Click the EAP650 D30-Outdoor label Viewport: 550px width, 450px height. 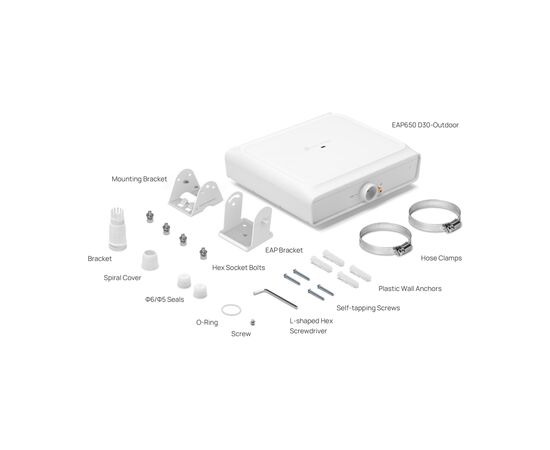[431, 125]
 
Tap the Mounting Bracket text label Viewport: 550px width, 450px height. [139, 179]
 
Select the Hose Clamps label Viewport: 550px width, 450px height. [442, 257]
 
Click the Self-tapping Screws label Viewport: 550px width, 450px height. [367, 308]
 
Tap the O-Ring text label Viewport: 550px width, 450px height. [207, 323]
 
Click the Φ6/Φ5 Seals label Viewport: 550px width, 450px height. [163, 299]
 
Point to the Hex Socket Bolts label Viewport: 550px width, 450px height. [238, 267]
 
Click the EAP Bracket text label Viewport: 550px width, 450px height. [283, 249]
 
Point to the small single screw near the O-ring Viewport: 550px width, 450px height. [252, 321]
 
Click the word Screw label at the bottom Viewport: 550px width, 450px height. [241, 333]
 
